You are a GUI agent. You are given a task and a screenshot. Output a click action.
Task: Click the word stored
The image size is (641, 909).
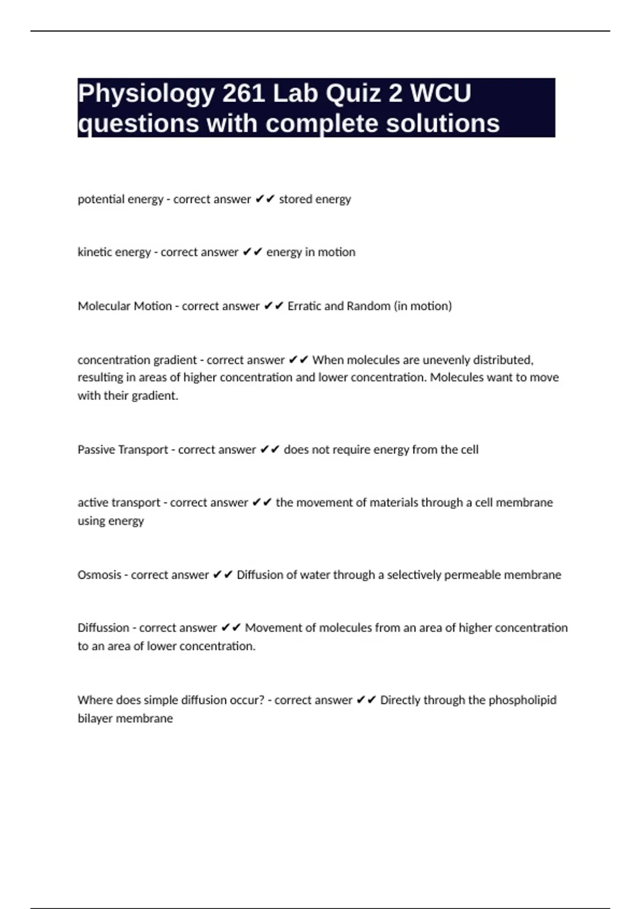295,199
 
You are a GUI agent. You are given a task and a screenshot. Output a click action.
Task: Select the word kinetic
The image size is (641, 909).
96,252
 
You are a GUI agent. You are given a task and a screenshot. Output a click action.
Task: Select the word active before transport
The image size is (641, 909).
93,503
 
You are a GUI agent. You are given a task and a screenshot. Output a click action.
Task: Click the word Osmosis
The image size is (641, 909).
99,575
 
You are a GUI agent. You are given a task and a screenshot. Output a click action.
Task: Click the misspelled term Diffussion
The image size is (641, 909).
103,628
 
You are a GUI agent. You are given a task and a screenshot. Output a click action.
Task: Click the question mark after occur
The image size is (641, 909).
261,700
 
